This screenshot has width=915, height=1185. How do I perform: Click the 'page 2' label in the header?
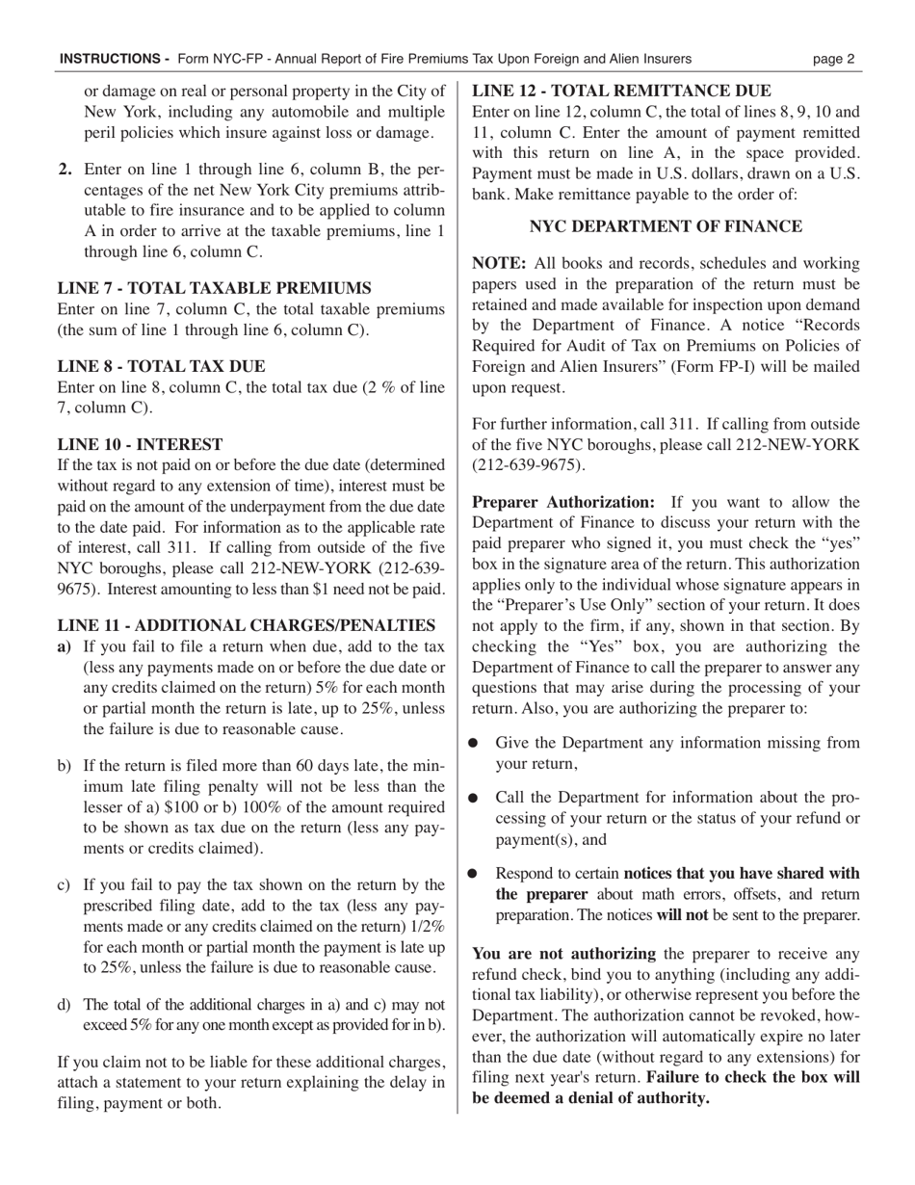833,59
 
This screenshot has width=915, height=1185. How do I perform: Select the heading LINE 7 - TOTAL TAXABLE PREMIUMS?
215,288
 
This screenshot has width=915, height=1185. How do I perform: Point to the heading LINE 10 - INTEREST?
141,444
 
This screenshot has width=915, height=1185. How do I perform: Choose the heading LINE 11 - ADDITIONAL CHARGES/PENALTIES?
247,625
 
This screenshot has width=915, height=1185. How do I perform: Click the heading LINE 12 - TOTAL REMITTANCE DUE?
621,92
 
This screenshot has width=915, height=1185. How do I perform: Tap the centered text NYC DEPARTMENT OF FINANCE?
666,226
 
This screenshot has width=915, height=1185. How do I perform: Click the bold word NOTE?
498,263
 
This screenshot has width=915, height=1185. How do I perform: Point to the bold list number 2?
65,170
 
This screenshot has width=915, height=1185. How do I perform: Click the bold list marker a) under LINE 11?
65,646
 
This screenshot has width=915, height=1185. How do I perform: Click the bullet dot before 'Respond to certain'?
473,873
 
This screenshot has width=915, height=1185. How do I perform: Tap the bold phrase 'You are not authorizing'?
563,954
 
